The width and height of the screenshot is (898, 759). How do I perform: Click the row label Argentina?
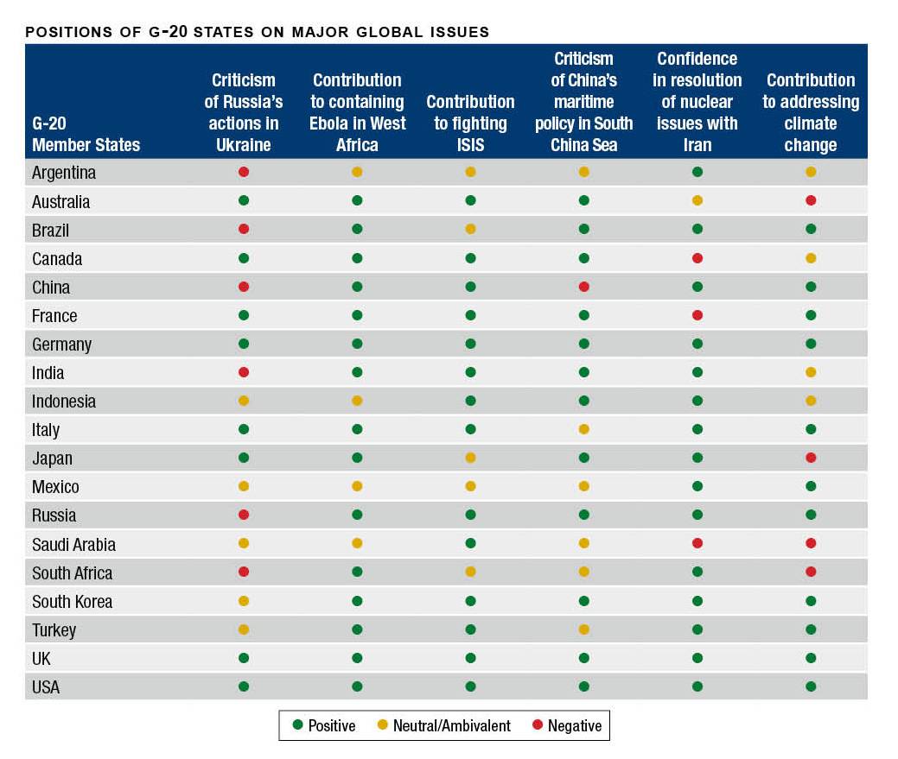pos(64,173)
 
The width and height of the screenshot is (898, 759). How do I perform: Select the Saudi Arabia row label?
pos(73,544)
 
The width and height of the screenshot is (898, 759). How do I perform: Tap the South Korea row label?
pos(72,601)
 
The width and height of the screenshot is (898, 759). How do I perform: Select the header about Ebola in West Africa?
pos(357,112)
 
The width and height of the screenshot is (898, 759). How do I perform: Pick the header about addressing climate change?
pos(810,112)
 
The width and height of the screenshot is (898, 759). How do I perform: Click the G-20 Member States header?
pos(86,134)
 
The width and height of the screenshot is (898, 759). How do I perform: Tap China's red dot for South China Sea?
pos(583,287)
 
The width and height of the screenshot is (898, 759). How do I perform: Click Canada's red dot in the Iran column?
pos(697,258)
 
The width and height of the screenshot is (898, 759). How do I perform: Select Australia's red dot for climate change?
pos(811,200)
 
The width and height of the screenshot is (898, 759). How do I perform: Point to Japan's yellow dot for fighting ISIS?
pos(470,458)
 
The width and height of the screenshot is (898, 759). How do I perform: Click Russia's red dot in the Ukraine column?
pos(244,515)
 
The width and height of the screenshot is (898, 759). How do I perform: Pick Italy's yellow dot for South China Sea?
pos(583,429)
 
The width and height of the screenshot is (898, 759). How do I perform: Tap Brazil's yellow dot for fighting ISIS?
pos(470,230)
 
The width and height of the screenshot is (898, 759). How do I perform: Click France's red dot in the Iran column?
pos(697,315)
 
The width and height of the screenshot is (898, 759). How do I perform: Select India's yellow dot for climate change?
pos(811,372)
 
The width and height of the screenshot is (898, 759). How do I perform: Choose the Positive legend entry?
pos(324,725)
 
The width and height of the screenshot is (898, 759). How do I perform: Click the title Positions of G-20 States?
pos(258,32)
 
